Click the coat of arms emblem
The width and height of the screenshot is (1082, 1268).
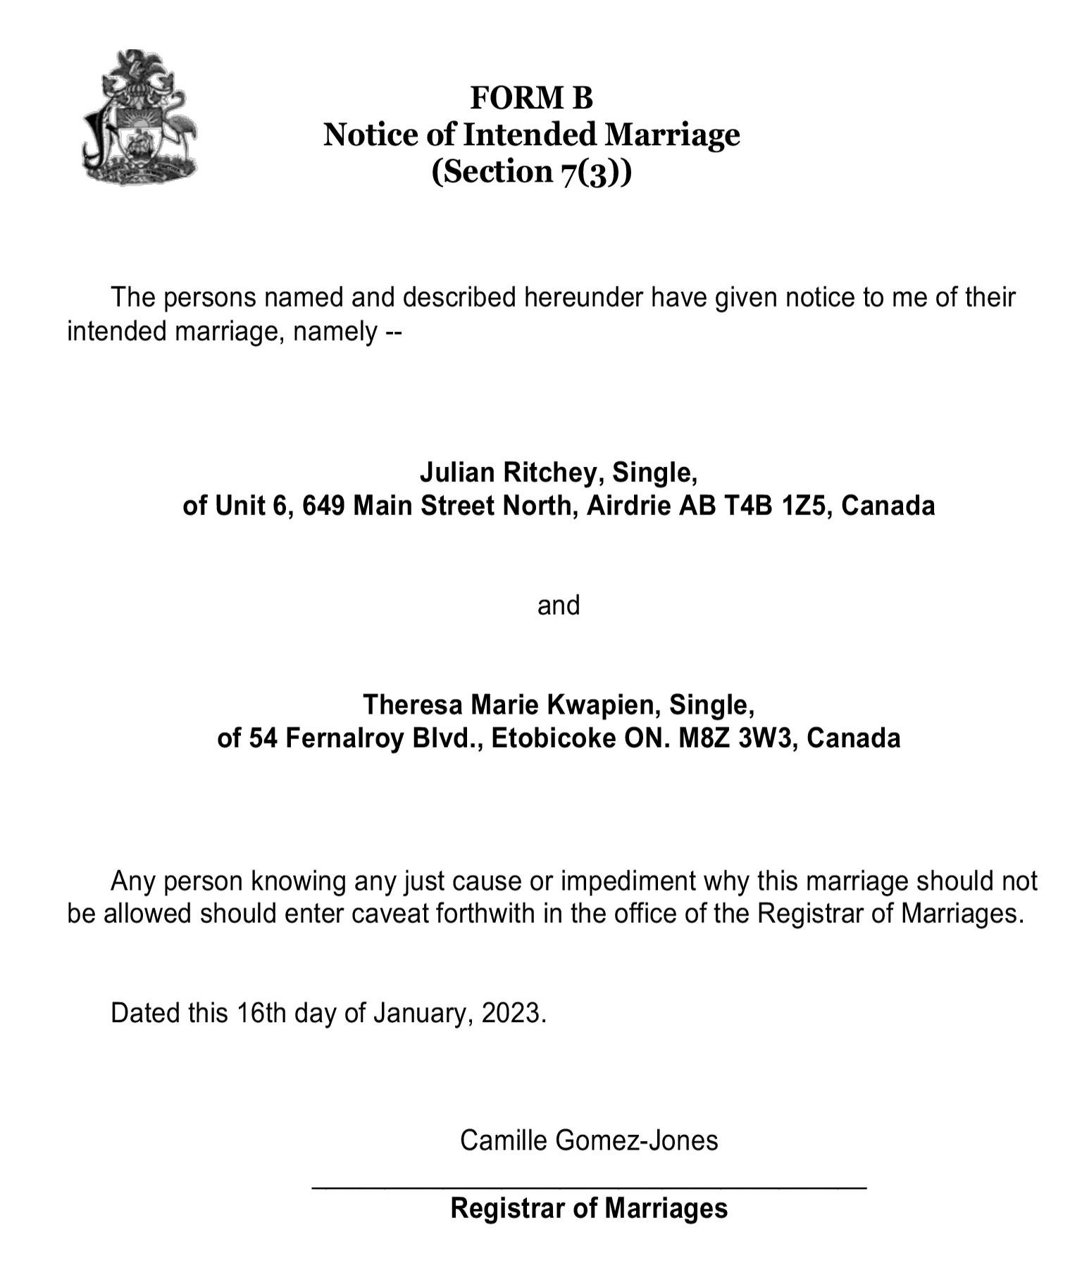point(139,118)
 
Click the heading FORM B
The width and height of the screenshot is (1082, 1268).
point(531,98)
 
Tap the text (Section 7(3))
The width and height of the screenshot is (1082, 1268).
point(531,171)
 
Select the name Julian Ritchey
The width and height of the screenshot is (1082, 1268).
point(509,473)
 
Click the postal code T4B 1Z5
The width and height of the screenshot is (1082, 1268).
point(776,506)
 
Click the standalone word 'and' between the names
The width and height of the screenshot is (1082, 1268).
point(558,606)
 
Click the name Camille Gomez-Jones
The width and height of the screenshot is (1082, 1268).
point(589,1140)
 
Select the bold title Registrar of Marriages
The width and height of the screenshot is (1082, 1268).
point(589,1208)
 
